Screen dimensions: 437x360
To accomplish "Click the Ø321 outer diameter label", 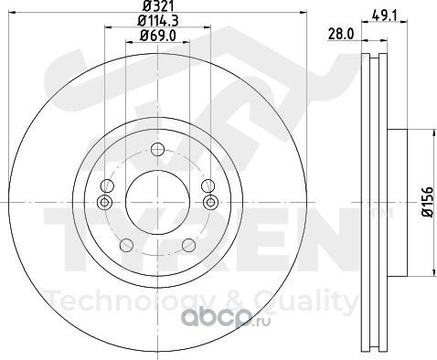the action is (x=158, y=6).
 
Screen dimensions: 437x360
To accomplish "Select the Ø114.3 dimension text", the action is (x=158, y=21).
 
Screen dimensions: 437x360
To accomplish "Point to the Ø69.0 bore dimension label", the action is (x=158, y=36).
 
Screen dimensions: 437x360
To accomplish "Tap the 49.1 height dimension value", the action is (x=385, y=16).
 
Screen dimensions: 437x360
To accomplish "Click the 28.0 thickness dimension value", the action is (x=341, y=34).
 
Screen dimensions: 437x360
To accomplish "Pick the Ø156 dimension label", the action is (x=428, y=202).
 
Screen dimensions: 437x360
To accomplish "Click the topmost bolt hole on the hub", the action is (x=158, y=149).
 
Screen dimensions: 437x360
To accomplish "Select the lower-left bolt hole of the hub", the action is (x=127, y=245).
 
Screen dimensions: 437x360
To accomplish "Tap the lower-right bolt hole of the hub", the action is (x=188, y=245).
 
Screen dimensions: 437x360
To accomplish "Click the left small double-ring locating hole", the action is (x=104, y=202).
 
